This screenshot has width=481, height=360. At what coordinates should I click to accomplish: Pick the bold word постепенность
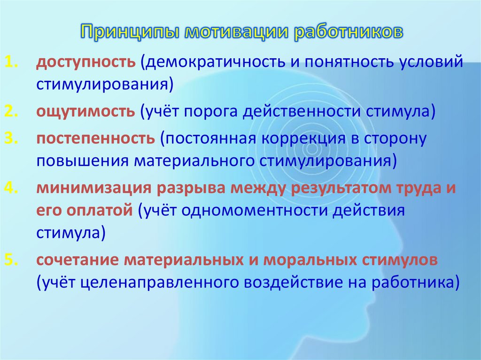tap(95, 139)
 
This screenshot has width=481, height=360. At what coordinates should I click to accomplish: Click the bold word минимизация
tap(94, 188)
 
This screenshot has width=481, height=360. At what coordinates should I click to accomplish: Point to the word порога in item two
tap(211, 112)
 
